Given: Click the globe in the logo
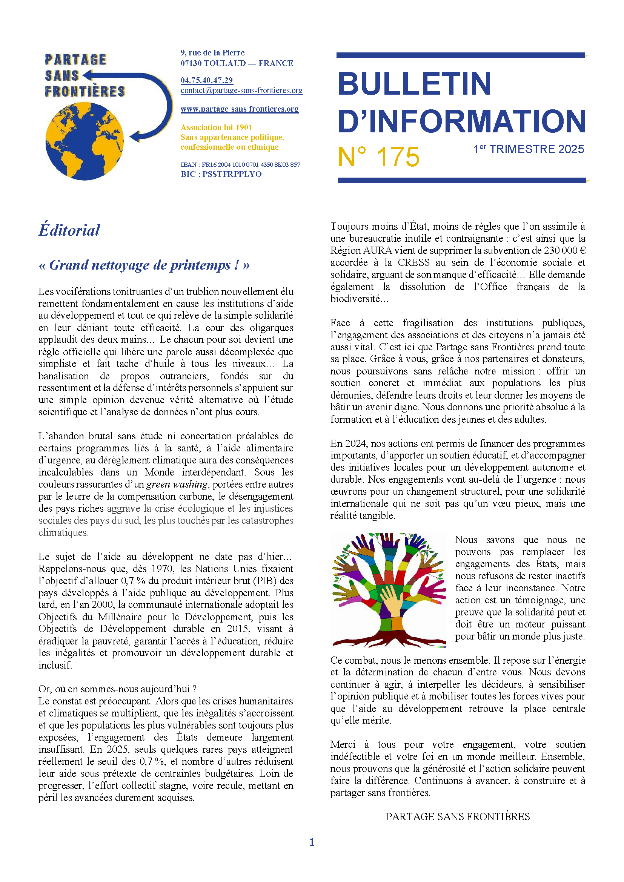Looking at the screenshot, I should click(x=85, y=141).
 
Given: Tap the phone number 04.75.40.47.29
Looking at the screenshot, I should click(x=207, y=80).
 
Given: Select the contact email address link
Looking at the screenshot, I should click(x=241, y=91).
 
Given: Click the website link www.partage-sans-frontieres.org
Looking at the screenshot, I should click(x=240, y=109).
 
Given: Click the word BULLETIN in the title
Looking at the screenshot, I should click(x=414, y=83).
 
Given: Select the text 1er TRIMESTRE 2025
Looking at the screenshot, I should click(x=529, y=149).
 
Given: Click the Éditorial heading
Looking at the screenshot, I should click(x=69, y=230).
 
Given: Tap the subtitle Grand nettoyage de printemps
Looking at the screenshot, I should click(x=144, y=265).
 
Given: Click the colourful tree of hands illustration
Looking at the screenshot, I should click(x=389, y=590).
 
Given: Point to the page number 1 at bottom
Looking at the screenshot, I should click(x=312, y=842).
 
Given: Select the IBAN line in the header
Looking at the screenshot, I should click(x=240, y=164).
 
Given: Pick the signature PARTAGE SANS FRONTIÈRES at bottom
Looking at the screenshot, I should click(x=458, y=816).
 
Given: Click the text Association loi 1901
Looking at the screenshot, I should click(x=216, y=127).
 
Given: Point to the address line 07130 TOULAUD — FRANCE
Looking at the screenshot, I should click(x=237, y=63).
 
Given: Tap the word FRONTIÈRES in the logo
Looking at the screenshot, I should click(x=85, y=91).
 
